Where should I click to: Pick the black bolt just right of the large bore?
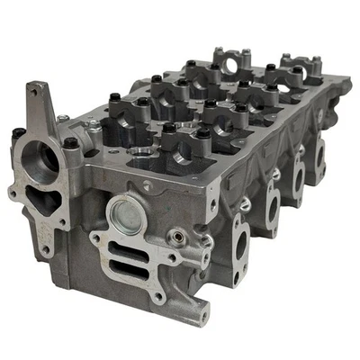(70, 143)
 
